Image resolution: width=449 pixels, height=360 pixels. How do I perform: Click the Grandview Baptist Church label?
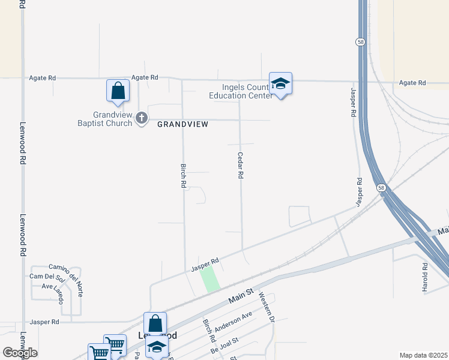pos(112,119)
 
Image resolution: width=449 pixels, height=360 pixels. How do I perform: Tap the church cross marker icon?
pos(142,118)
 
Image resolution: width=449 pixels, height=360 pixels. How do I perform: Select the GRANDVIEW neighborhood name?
pos(183,124)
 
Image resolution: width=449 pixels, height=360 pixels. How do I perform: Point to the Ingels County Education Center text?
pos(238,91)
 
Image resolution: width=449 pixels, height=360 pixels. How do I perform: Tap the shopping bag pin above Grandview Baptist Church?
pos(118,91)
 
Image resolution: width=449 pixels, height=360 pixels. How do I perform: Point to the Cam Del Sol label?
pos(46,277)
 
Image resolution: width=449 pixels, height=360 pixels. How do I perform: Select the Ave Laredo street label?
pos(52,286)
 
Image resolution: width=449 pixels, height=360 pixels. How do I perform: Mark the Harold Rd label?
pos(424,274)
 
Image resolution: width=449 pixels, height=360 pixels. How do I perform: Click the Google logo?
pos(20,353)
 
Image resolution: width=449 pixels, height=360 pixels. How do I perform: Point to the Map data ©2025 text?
pos(423,355)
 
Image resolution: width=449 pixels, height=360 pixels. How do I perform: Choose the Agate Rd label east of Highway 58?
pos(412,83)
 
